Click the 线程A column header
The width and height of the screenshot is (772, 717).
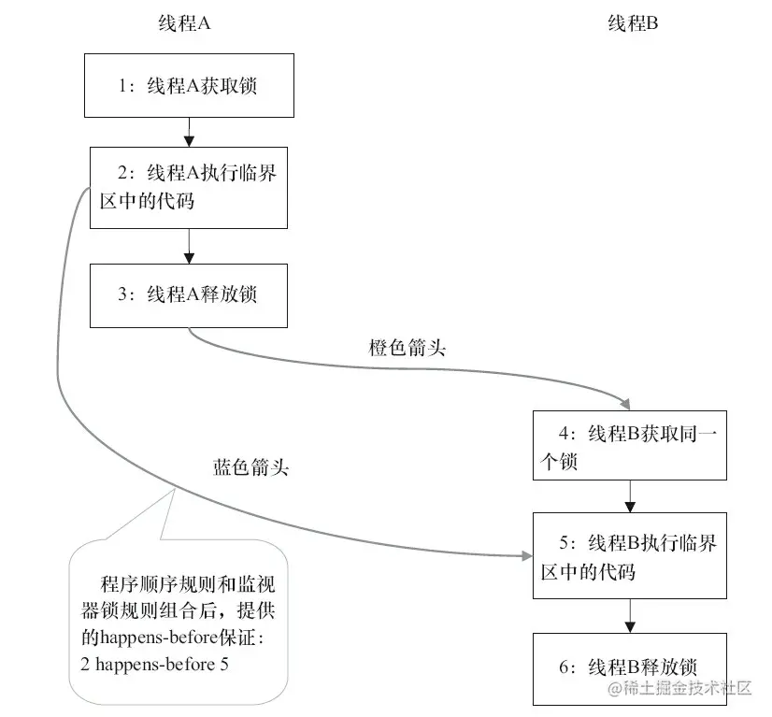183,24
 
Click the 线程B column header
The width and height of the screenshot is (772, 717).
634,24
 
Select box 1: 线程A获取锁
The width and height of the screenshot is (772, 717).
189,86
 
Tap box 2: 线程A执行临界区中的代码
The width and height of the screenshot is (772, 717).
189,187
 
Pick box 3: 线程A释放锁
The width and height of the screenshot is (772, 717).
189,294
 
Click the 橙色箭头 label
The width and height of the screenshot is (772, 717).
407,349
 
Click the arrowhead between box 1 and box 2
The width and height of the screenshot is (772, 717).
189,140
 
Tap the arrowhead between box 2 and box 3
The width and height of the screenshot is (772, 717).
189,257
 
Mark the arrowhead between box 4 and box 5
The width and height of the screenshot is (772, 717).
631,506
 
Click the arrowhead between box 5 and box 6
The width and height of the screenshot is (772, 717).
631,625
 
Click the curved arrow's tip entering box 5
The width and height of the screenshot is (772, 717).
525,556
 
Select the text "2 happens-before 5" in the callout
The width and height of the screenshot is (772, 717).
155,665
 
